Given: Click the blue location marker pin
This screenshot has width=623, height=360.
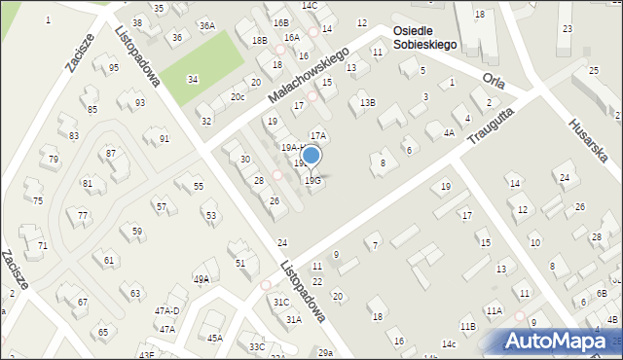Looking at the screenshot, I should tap(311, 156).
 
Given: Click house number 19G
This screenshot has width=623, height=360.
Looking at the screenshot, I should tap(312, 180).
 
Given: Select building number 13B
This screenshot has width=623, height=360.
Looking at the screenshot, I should tap(367, 102).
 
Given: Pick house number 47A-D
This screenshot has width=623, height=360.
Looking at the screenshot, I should tap(166, 310).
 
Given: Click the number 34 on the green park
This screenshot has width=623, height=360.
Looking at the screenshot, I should tap(193, 79).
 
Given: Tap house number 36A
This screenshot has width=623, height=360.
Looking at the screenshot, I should tap(206, 25).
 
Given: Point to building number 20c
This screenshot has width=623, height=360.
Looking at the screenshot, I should tap(238, 96).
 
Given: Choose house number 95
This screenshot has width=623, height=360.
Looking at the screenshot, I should tap(114, 67).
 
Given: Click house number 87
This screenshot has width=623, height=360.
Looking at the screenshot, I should tap(111, 154).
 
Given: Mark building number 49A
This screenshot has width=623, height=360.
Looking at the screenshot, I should tap(202, 279).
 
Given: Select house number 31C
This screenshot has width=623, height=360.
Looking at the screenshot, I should tap(281, 302).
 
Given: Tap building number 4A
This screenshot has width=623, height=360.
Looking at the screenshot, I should tap(449, 132).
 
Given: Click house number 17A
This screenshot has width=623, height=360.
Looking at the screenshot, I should tap(317, 135).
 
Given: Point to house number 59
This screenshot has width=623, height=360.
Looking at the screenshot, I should tap(137, 231).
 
